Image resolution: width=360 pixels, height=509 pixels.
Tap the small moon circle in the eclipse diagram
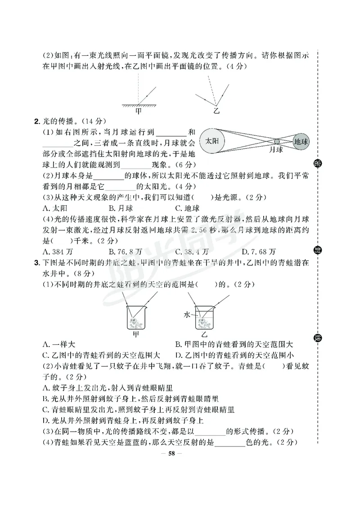pos(277,141)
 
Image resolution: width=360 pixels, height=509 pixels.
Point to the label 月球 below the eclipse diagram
pos(276,150)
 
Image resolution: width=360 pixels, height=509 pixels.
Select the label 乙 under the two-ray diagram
pos(216,109)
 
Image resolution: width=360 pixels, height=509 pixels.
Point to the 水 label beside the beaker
pos(187,315)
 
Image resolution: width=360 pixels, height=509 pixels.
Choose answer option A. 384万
pos(58,251)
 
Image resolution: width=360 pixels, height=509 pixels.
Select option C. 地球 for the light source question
pos(187,208)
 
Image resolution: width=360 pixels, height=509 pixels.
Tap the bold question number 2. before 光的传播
pos(37,121)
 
